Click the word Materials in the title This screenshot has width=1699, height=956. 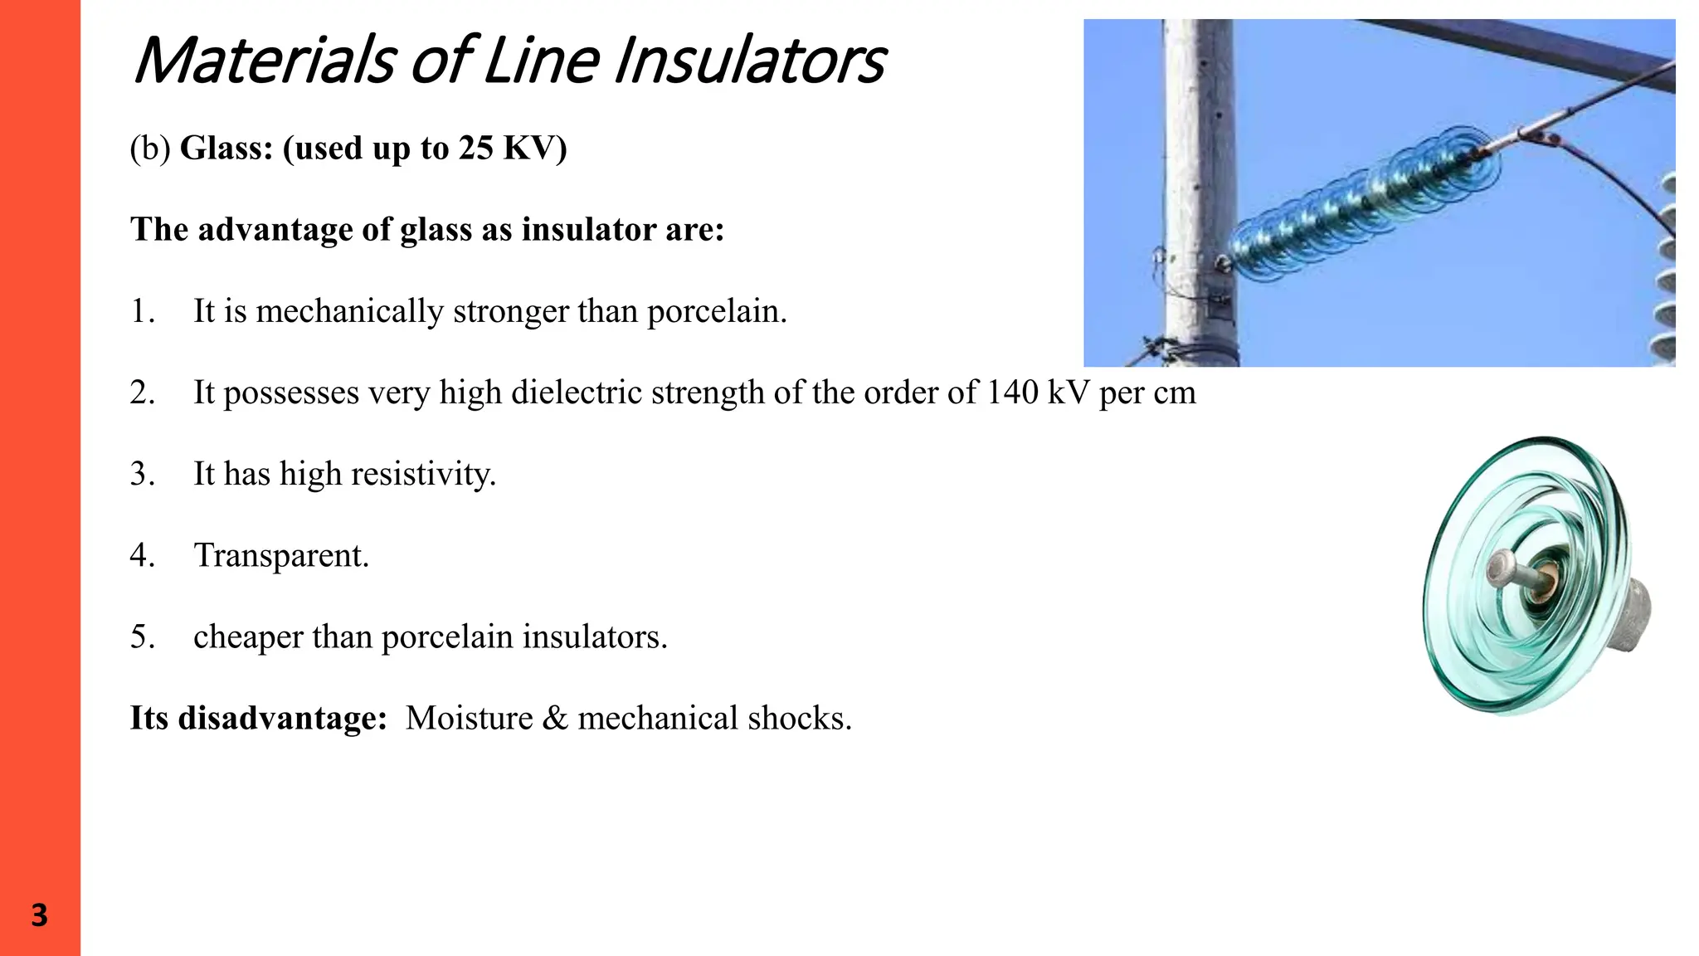(x=265, y=61)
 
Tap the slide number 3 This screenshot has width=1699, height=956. (x=39, y=915)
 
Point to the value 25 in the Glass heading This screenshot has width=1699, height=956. (x=475, y=149)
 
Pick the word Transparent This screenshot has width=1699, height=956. (x=281, y=555)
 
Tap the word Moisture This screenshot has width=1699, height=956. (x=469, y=718)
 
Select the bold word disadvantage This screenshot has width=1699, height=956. (x=282, y=718)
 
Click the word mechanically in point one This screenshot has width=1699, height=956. (x=349, y=311)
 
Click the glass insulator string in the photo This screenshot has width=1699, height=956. (x=1361, y=203)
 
